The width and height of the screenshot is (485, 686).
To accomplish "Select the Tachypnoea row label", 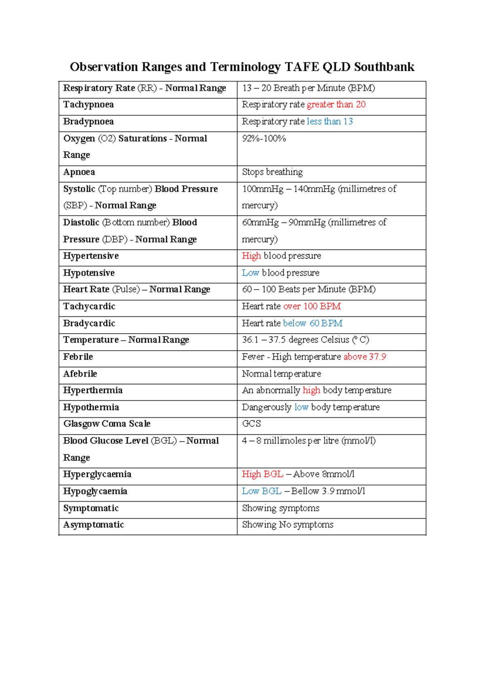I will pos(89,105).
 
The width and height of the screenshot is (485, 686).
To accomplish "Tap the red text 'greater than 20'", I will pos(336,105).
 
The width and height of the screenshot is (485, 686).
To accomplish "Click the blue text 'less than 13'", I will pos(329,122).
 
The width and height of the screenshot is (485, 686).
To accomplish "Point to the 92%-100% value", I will pos(264,139).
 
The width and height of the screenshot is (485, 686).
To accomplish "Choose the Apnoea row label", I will pos(79,172).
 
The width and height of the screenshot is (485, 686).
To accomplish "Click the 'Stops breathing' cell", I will pos(272,172).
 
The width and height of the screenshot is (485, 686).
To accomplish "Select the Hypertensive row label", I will pos(91,256).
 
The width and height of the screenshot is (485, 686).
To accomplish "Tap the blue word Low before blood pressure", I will pos(250,273).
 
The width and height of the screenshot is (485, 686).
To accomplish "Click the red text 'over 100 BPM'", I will pos(312,307).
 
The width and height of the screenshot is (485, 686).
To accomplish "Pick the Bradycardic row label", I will pos(89,324).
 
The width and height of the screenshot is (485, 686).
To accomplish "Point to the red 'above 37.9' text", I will pos(365,357).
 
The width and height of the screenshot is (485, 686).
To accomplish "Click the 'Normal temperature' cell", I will pos(281,374).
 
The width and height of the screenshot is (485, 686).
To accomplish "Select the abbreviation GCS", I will pos(251,424).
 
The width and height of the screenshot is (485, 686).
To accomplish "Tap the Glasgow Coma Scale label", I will pos(107,424).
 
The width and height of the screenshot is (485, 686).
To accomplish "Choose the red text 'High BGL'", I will pos(262,474).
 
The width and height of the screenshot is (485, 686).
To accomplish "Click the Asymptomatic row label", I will pos(93,525).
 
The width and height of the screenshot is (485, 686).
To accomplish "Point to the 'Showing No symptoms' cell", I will pos(287,525).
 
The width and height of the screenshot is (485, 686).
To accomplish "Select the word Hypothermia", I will pos(91,407).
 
